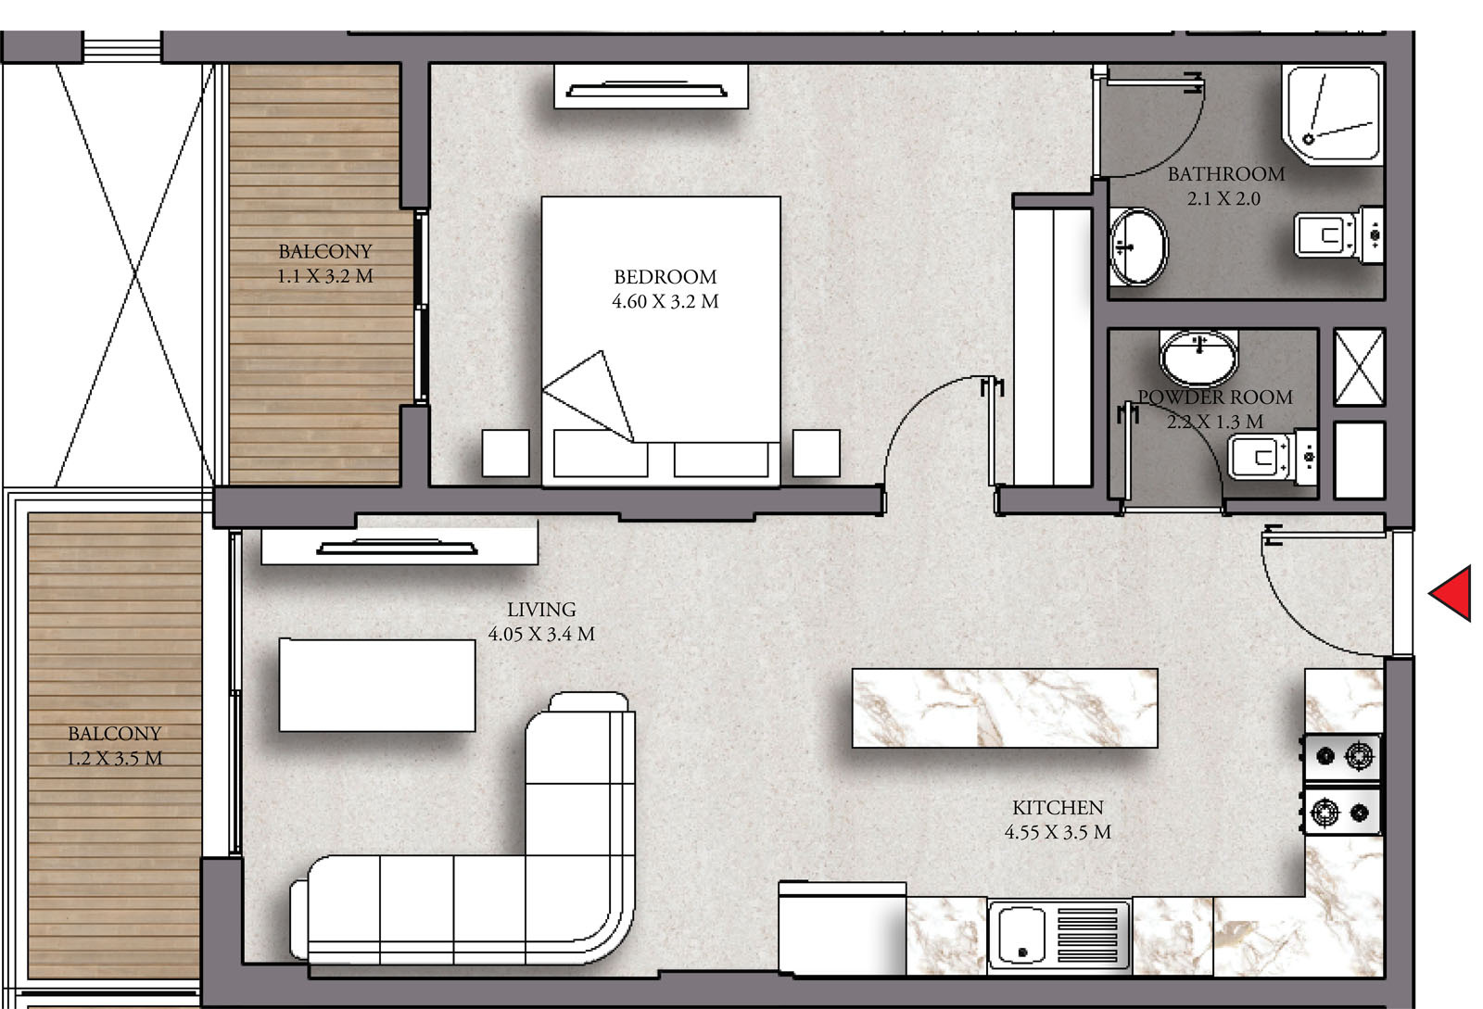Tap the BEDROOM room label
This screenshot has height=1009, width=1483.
pyautogui.click(x=665, y=276)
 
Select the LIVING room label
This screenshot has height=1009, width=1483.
pyautogui.click(x=541, y=610)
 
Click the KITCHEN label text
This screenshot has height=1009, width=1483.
pyautogui.click(x=1058, y=807)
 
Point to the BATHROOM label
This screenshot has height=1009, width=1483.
pyautogui.click(x=1225, y=174)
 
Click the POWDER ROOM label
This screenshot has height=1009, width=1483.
pyautogui.click(x=1215, y=397)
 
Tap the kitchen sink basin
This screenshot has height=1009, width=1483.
pyautogui.click(x=1023, y=935)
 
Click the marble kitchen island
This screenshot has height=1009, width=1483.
pyautogui.click(x=1005, y=708)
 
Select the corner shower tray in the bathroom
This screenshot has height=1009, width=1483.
pyautogui.click(x=1332, y=114)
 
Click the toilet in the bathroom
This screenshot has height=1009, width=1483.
pyautogui.click(x=1338, y=235)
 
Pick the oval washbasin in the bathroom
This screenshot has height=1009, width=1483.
pyautogui.click(x=1139, y=247)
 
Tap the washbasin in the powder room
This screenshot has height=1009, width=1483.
pyautogui.click(x=1198, y=358)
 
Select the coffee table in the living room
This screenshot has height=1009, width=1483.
pyautogui.click(x=377, y=685)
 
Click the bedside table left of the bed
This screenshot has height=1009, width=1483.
pyautogui.click(x=506, y=453)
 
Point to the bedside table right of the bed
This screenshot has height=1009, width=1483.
pyautogui.click(x=817, y=453)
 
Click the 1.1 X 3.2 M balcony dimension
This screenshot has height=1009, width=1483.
pyautogui.click(x=325, y=276)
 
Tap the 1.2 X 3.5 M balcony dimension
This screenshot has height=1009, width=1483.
pyautogui.click(x=115, y=758)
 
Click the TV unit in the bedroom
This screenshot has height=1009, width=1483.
pyautogui.click(x=651, y=87)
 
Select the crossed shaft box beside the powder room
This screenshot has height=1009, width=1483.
pyautogui.click(x=1359, y=368)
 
